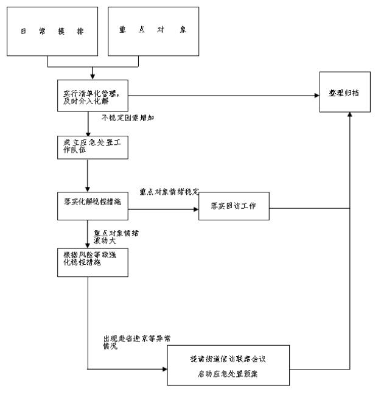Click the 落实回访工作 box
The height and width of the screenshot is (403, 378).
click(x=234, y=206)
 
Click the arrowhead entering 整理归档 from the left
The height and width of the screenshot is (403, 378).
click(x=317, y=95)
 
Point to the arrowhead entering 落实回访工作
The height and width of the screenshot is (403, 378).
click(x=196, y=210)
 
